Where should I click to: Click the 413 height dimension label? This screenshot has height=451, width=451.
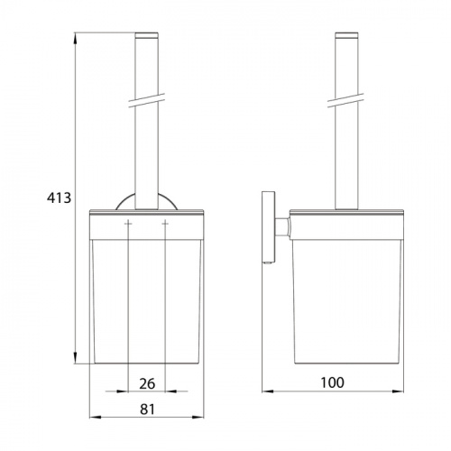[x=59, y=198]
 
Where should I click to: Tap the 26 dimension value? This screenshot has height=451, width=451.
[x=147, y=384]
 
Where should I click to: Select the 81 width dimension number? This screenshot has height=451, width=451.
[x=147, y=410]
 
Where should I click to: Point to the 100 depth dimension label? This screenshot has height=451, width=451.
[x=332, y=382]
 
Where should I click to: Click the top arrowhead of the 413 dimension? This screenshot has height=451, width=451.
[x=76, y=38]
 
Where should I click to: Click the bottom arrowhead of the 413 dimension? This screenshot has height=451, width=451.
[x=76, y=358]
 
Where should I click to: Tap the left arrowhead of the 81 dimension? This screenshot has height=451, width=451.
[x=96, y=417]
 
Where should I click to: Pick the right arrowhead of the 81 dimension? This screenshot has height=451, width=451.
[x=198, y=417]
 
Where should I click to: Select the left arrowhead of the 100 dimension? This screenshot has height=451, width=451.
[x=268, y=391]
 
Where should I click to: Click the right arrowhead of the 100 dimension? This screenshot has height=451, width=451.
[x=398, y=391]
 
